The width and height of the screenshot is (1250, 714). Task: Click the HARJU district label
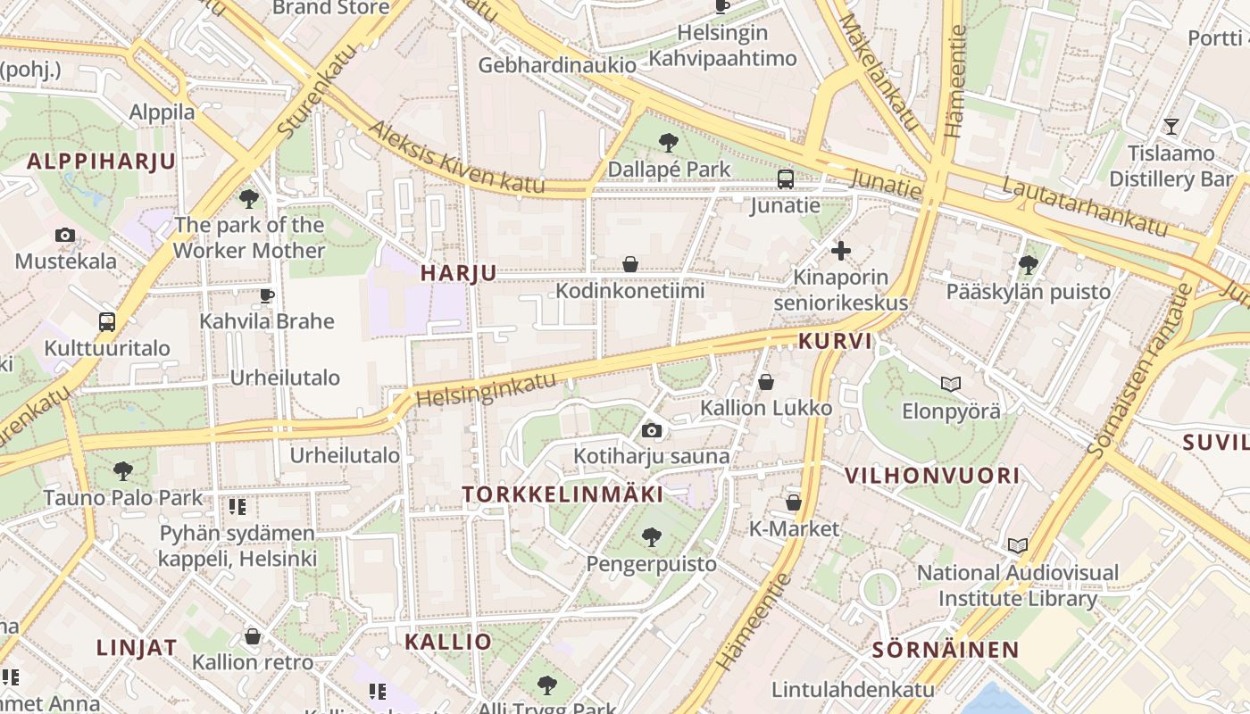pos(458,273)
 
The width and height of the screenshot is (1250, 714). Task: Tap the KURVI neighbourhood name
pos(836,341)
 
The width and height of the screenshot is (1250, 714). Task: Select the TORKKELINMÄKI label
pos(562,494)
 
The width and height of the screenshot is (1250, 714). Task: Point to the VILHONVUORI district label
pos(932,476)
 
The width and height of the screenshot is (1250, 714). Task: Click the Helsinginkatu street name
pos(486,390)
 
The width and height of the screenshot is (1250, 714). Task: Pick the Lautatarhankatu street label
pos(1084,205)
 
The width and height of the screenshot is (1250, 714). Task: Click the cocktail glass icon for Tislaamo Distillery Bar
pos(1171,127)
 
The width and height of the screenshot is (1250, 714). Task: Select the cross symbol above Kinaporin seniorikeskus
pos(840,251)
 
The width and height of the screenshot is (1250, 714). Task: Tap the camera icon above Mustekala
pos(65,236)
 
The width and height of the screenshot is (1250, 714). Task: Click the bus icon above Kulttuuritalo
pos(107,322)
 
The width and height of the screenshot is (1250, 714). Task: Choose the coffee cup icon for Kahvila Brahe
pos(266,295)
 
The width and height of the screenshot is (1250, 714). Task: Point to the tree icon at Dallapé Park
pos(668,142)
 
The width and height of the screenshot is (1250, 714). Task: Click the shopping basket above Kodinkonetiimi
pos(630,264)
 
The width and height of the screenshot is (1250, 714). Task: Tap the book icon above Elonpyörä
pos(951,385)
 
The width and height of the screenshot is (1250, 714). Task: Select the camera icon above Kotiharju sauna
pos(652,431)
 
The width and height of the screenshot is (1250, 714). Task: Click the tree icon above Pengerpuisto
pos(652,537)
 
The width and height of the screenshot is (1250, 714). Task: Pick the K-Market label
pos(794,529)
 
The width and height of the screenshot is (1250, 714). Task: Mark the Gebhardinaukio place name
pos(557,65)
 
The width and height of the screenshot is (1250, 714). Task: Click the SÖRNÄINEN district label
pos(946,650)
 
